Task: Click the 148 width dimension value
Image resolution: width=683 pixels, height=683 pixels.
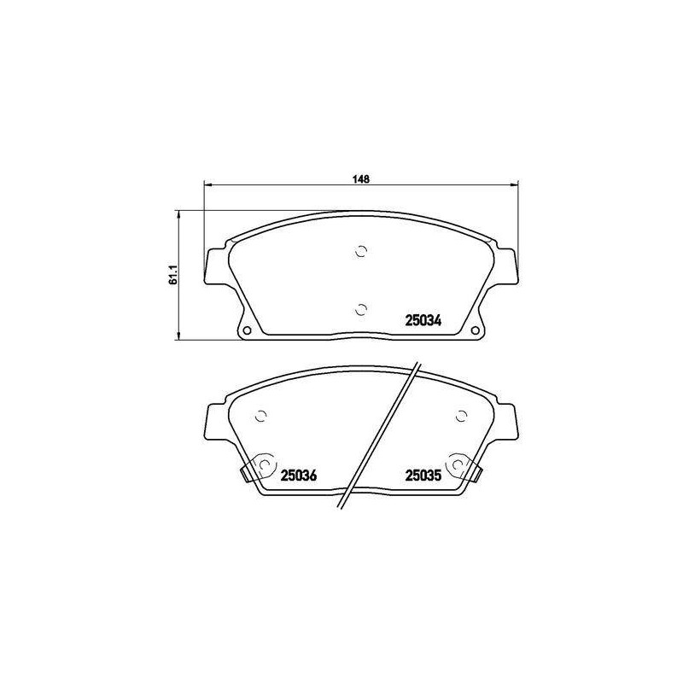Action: pos(361,179)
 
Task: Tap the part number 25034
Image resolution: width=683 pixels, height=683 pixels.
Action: pos(423,321)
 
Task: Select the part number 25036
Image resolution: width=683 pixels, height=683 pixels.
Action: pos(298,476)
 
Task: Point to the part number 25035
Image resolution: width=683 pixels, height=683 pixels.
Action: pos(423,476)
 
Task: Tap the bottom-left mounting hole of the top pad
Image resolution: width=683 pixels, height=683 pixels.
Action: pos(247,330)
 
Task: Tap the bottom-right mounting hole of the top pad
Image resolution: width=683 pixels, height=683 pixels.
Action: pos(476,330)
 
